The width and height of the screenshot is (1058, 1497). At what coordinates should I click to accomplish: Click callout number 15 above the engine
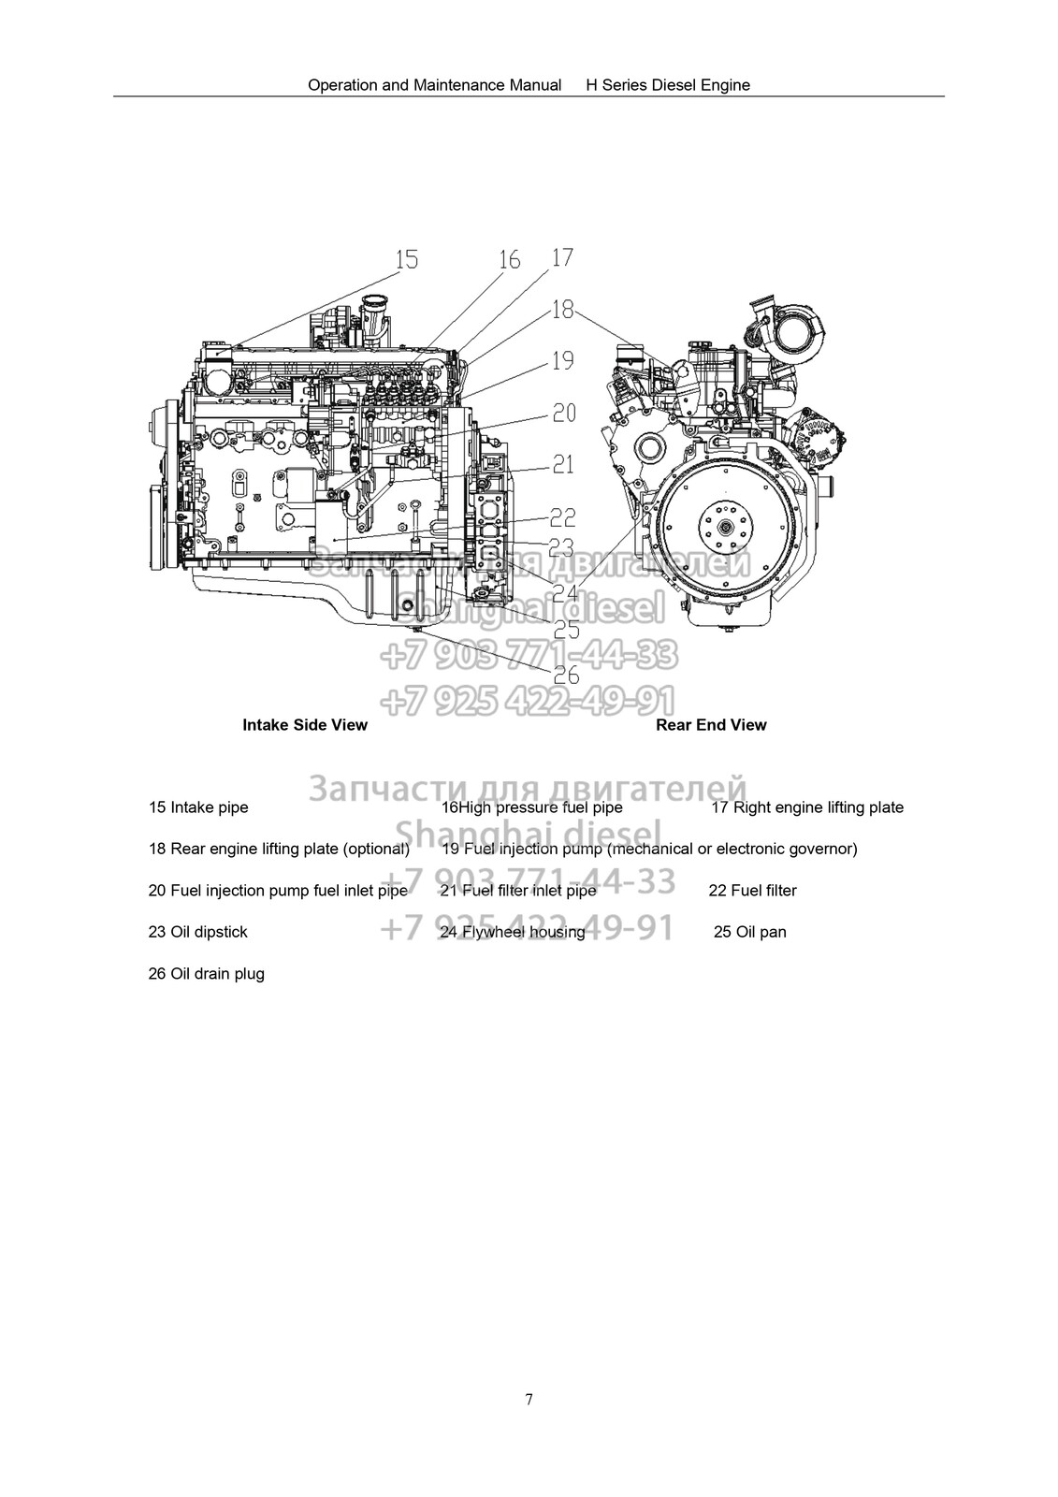tap(407, 259)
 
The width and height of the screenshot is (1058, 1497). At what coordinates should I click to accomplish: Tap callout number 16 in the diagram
tap(509, 259)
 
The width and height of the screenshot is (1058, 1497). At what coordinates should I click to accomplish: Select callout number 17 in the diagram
tap(562, 257)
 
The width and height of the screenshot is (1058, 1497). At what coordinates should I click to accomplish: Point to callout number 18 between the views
tap(562, 309)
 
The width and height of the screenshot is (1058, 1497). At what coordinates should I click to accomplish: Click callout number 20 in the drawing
tap(563, 413)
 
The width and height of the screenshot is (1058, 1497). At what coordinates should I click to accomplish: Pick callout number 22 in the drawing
tap(563, 516)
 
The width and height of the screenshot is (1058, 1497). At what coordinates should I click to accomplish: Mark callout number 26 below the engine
tap(567, 675)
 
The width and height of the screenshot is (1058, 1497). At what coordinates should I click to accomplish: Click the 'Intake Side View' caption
tap(305, 725)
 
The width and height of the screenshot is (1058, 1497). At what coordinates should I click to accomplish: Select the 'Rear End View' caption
tap(711, 725)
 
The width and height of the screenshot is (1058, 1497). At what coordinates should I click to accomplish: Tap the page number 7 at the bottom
tap(529, 1400)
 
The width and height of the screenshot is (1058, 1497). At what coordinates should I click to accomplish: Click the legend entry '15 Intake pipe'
tap(198, 807)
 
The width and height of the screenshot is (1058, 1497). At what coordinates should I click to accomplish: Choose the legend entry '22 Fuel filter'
tap(752, 891)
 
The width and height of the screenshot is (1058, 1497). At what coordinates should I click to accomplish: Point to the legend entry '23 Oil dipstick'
tap(198, 932)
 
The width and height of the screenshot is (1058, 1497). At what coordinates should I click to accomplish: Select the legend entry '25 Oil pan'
tap(749, 932)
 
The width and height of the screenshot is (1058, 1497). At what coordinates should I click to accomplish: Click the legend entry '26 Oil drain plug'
tap(207, 974)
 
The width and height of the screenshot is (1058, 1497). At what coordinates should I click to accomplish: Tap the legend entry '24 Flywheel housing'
tap(513, 932)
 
